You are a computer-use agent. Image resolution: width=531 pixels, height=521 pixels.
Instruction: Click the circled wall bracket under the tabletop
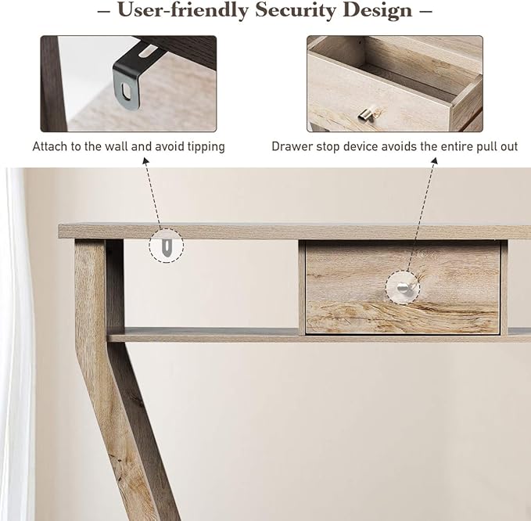pos(166,247)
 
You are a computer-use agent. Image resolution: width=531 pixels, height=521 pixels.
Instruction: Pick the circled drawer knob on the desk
pos(402,286)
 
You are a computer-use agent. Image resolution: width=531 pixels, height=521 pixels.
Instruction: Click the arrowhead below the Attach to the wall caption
pos(145,162)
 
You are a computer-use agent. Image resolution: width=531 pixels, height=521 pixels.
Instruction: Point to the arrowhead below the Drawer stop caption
pos(433,162)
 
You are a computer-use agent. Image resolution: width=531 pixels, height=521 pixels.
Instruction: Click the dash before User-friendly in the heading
pos(103,11)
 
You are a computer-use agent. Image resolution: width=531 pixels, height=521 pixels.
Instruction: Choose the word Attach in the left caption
pos(48,146)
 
